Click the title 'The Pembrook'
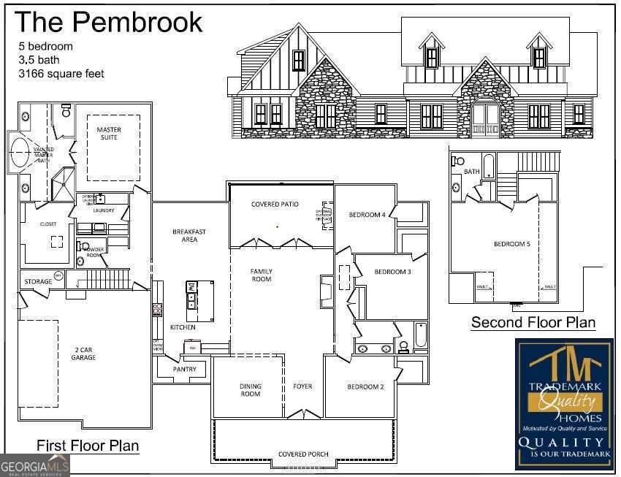pos(108,21)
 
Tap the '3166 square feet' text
pos(61,74)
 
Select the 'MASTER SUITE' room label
pos(109,134)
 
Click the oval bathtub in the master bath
pos(23,153)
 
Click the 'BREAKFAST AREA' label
pos(188,235)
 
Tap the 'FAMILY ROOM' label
pos(261,275)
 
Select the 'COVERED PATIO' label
pos(275,205)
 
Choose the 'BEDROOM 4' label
pos(367,215)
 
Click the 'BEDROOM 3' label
pos(392,272)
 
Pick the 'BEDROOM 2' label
pos(365,386)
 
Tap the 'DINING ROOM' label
pos(250,390)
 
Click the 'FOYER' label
pos(302,386)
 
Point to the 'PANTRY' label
pos(185,370)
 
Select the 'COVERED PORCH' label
pos(302,454)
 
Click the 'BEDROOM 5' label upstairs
pos(511,244)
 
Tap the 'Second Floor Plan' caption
pos(533,322)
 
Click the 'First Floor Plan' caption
pos(88,445)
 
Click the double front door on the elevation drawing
pos(484,121)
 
